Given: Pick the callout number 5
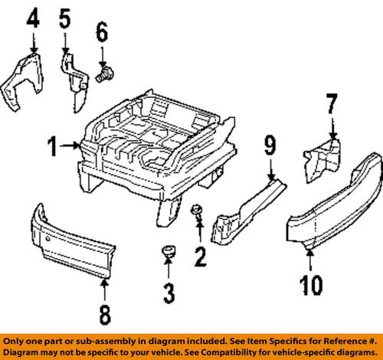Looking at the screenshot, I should pos(64,16).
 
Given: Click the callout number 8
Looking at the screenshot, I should pos(105,313).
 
